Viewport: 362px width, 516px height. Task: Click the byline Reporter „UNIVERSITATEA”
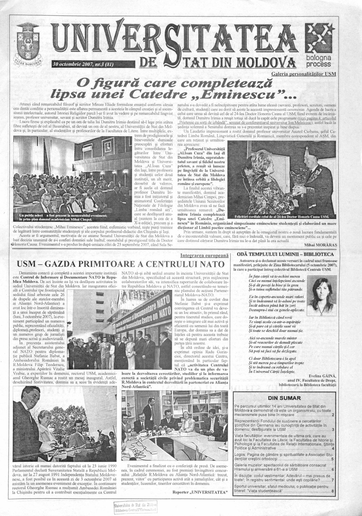click(200, 492)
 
